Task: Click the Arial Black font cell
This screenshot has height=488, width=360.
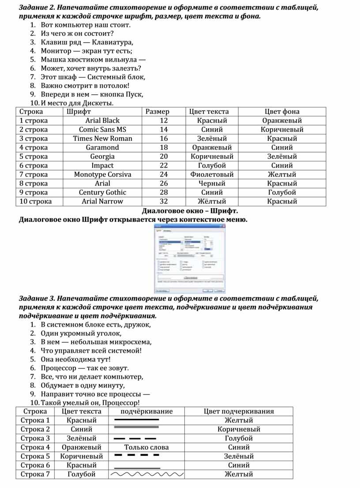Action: tap(102, 120)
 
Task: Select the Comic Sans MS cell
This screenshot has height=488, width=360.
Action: tap(102, 130)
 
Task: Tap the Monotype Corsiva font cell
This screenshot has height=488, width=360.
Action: tap(102, 174)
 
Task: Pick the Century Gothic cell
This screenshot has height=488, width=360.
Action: tap(102, 192)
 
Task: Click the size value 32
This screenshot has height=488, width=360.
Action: tap(164, 201)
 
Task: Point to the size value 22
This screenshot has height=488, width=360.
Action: tap(164, 165)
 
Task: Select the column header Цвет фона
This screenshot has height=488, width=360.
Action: tap(282, 112)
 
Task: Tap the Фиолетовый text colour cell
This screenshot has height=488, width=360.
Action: tap(212, 174)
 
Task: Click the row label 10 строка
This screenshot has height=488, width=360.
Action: tap(36, 201)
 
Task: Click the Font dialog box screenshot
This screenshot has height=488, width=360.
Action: tap(189, 258)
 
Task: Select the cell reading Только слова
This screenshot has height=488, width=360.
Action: tap(146, 447)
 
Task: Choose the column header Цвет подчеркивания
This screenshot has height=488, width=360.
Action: tap(239, 411)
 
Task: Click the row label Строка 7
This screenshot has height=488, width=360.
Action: tap(35, 474)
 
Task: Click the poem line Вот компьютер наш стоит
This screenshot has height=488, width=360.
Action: tap(86, 25)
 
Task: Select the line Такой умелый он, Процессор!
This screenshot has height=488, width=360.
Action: tap(90, 403)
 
